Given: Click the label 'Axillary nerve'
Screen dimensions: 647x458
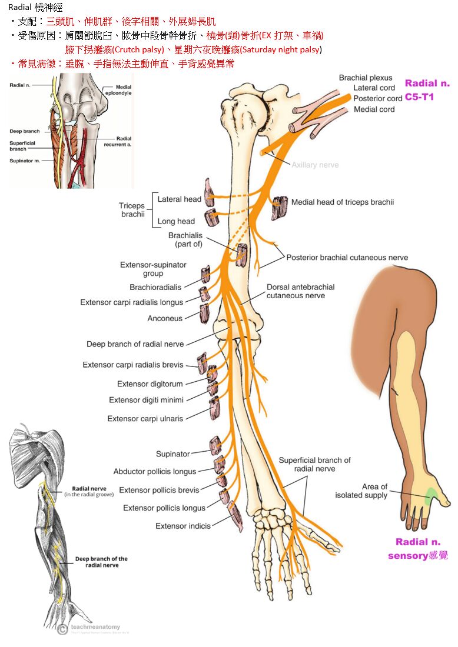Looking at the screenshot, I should click(315, 165).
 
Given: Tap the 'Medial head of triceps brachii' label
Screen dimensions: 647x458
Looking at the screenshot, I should click(343, 202).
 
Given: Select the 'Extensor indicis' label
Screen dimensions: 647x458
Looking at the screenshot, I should click(182, 526).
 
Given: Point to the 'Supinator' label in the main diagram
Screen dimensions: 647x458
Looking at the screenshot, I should click(172, 454).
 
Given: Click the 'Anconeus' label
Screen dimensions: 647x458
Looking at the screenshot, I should click(165, 318).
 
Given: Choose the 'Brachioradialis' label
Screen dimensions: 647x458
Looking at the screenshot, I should click(155, 287).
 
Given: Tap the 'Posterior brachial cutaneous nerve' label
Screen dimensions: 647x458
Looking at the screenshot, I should click(347, 258).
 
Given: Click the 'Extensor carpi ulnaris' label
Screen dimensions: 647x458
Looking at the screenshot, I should click(145, 419).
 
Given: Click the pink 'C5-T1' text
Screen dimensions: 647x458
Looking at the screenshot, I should click(419, 96).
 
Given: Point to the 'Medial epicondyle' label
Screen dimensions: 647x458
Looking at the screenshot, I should click(118, 90).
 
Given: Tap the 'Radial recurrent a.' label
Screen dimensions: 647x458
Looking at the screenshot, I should click(119, 141).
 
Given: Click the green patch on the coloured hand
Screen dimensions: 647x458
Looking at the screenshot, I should click(431, 495).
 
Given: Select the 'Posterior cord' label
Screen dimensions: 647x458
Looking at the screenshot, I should click(377, 98).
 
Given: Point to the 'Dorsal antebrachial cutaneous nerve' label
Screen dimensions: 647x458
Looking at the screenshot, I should click(300, 291).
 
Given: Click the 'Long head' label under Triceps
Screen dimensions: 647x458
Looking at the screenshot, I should click(176, 221).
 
